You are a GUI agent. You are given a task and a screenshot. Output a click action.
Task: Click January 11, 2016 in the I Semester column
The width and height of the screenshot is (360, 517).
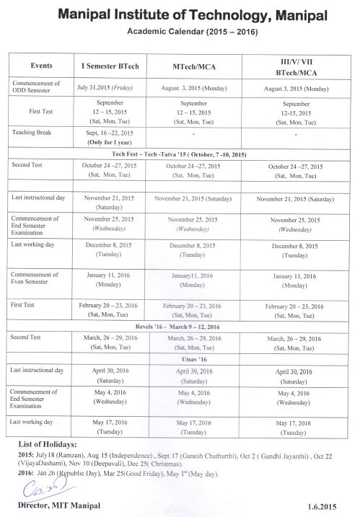coord(109,278)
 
